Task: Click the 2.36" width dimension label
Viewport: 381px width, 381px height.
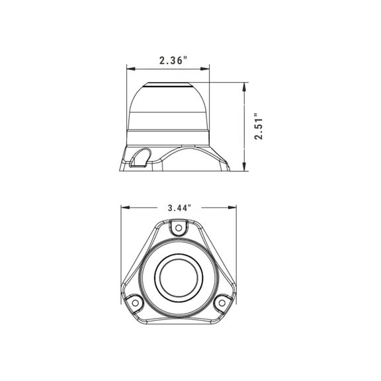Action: click(174, 60)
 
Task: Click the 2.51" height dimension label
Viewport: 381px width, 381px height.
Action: click(259, 126)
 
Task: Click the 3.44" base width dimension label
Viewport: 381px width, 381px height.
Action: click(179, 208)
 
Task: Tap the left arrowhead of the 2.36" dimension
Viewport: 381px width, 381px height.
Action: click(131, 69)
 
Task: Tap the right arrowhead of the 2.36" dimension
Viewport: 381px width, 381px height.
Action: click(205, 69)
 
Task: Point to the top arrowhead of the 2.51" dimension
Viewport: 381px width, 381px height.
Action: click(244, 87)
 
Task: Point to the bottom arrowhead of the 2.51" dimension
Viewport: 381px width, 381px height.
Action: click(244, 167)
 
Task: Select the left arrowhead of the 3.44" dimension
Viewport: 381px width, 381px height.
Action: click(125, 208)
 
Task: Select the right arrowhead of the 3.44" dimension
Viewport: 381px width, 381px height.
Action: click(232, 208)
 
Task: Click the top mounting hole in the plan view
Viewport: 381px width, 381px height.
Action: click(179, 228)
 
